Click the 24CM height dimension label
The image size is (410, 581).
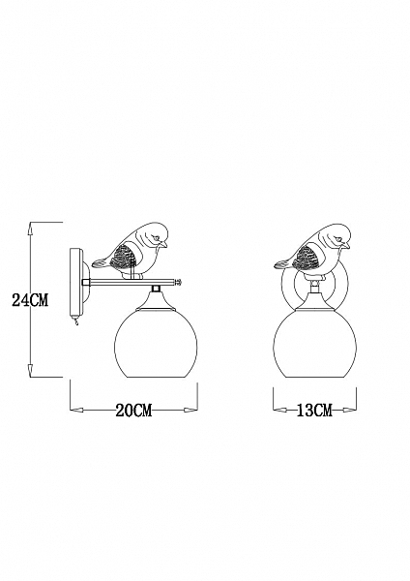pyautogui.click(x=30, y=300)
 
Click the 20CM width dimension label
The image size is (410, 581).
pyautogui.click(x=134, y=411)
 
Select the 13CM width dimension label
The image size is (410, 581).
pyautogui.click(x=314, y=411)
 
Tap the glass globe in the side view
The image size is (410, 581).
pyautogui.click(x=156, y=344)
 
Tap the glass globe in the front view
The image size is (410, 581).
pyautogui.click(x=315, y=344)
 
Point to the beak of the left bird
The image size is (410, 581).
pyautogui.click(x=163, y=245)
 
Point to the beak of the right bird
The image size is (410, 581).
pyautogui.click(x=346, y=245)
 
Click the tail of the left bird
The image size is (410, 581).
pyautogui.click(x=100, y=263)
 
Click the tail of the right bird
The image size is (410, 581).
pyautogui.click(x=282, y=263)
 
